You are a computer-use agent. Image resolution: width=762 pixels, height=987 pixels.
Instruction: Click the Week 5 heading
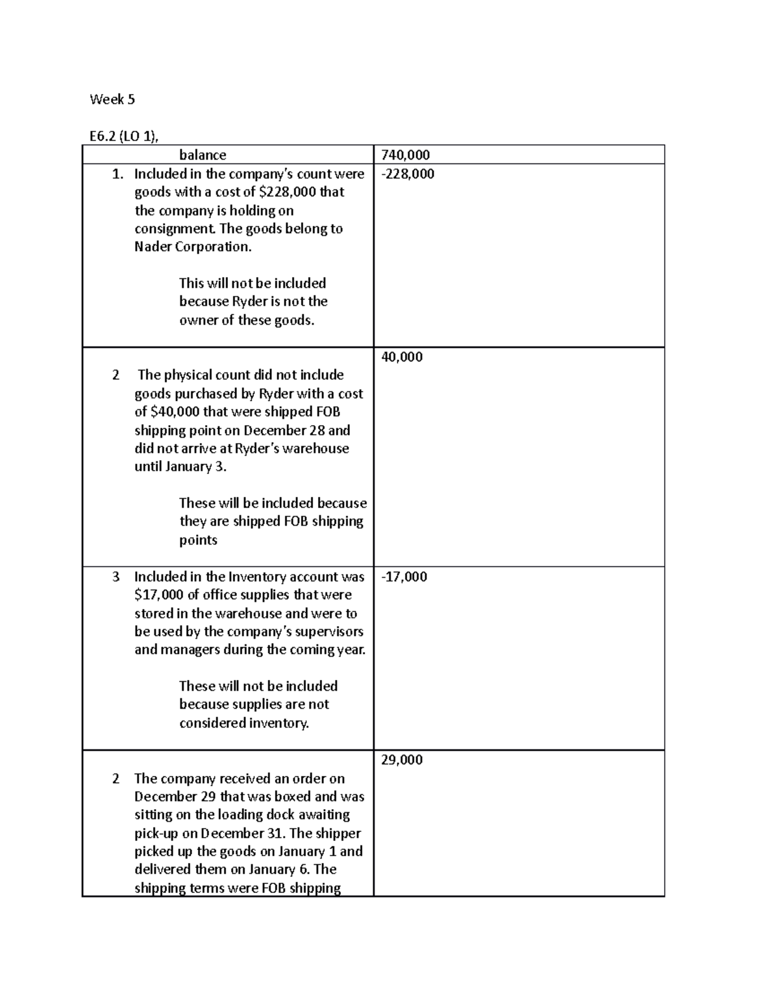click(x=112, y=99)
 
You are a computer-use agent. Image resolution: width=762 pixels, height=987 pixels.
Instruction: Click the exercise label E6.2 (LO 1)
click(x=124, y=136)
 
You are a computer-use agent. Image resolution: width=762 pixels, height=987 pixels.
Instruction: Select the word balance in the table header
click(x=203, y=155)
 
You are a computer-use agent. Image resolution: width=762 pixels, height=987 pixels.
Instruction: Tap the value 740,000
click(x=405, y=155)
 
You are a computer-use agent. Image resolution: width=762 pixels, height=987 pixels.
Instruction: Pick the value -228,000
click(x=408, y=174)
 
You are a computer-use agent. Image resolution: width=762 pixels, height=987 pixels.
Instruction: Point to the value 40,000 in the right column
click(x=402, y=357)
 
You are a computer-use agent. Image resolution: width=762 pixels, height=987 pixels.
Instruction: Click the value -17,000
click(x=404, y=577)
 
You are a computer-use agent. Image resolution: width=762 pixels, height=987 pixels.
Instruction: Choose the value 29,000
click(x=402, y=760)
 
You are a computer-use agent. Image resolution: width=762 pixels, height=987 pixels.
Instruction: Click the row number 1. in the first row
click(x=117, y=174)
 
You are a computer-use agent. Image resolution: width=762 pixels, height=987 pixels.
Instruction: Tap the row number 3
click(x=116, y=577)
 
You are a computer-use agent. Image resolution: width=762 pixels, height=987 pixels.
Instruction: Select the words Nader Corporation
click(x=192, y=247)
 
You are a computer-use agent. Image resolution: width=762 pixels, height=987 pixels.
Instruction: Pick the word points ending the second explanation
click(x=198, y=540)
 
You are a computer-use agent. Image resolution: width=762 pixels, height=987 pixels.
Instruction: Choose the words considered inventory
click(x=244, y=723)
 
